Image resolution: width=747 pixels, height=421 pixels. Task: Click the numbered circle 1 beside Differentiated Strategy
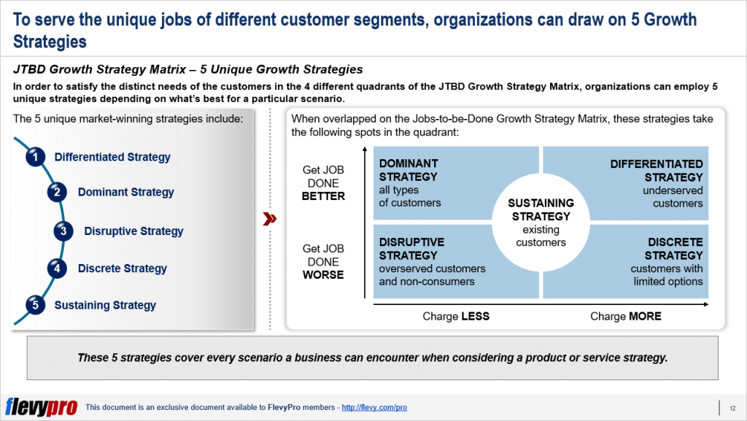click(33, 157)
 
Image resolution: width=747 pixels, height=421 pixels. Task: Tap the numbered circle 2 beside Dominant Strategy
click(56, 193)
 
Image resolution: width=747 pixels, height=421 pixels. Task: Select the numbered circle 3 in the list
click(63, 231)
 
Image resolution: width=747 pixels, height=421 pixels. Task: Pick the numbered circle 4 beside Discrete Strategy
click(56, 269)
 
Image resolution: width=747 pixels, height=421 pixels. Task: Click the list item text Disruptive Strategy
click(133, 231)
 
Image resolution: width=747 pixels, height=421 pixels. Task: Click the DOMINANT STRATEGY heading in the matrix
click(409, 170)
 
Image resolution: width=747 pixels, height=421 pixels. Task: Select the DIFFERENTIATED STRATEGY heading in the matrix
click(657, 170)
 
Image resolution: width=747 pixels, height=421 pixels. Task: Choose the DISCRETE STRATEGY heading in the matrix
click(673, 249)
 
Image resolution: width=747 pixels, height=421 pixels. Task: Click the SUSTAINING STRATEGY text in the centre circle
click(541, 209)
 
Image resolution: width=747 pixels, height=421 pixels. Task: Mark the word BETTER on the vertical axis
click(322, 196)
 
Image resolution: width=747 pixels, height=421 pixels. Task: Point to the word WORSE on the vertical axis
click(322, 275)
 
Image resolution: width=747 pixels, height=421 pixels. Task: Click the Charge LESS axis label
click(456, 317)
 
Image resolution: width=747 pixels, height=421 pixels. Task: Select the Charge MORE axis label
click(625, 317)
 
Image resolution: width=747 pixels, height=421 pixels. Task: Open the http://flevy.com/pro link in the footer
click(373, 407)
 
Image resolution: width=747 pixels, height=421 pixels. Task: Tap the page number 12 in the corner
click(732, 407)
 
